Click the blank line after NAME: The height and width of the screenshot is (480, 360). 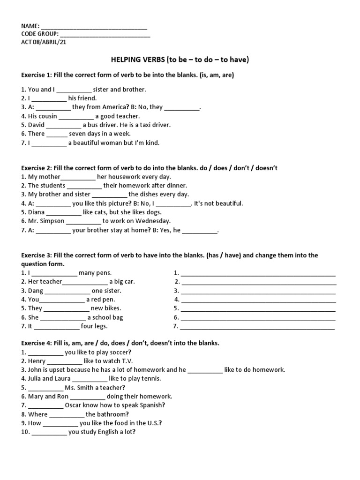pyautogui.click(x=94, y=27)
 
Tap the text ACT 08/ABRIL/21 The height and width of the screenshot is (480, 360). pyautogui.click(x=47, y=42)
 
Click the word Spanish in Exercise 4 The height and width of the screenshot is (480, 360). pyautogui.click(x=150, y=405)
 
